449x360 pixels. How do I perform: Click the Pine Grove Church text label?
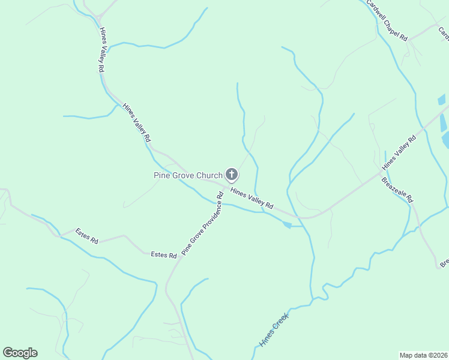187,175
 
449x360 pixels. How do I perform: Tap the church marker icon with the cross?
232,175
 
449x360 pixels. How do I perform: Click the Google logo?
20,353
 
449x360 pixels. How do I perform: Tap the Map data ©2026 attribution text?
423,355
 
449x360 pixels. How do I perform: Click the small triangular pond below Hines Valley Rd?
286,224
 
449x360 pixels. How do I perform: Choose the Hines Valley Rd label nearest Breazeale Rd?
399,152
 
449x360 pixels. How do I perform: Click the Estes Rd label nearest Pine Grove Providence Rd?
163,255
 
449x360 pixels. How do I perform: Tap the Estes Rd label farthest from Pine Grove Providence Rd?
86,236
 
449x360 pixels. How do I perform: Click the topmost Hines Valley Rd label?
101,50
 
